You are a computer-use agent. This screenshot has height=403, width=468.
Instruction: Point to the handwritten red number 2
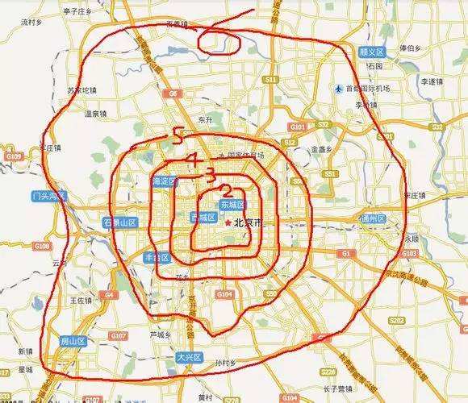pyautogui.click(x=227, y=191)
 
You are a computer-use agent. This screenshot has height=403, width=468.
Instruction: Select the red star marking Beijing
pyautogui.click(x=228, y=222)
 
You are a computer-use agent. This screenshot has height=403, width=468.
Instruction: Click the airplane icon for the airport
pyautogui.click(x=336, y=89)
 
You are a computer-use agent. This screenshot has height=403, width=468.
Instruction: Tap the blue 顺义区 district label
pyautogui.click(x=373, y=52)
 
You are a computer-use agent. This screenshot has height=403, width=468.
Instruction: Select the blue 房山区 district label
pyautogui.click(x=73, y=341)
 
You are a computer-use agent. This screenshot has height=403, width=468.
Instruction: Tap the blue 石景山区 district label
pyautogui.click(x=120, y=222)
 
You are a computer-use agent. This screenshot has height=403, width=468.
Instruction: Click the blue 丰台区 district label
pyautogui.click(x=157, y=258)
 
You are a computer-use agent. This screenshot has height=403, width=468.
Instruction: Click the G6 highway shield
pyautogui.click(x=173, y=94)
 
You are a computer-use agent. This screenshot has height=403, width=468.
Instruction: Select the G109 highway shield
pyautogui.click(x=14, y=156)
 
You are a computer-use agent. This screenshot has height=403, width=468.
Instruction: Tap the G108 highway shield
pyautogui.click(x=42, y=246)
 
